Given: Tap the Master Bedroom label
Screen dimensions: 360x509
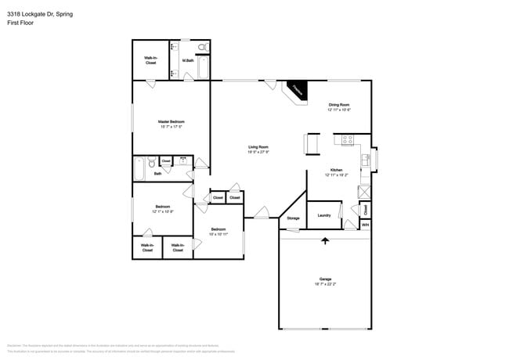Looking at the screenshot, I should (171, 121).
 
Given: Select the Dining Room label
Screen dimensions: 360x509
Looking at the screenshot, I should (338, 105).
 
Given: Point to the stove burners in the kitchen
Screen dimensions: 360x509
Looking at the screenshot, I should (345, 140).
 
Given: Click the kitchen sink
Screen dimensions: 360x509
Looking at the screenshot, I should (365, 160).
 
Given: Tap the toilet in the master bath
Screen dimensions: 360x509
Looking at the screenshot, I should (202, 49).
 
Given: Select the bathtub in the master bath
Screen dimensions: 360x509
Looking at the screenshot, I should (204, 69).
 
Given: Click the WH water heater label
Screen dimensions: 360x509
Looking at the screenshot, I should (365, 225).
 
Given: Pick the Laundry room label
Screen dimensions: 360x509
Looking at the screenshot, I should (324, 215).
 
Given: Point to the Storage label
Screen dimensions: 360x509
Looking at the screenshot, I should (293, 218).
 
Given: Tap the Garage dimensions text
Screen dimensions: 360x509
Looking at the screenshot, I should (325, 284).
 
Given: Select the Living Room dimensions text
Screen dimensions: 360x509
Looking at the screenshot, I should (258, 152).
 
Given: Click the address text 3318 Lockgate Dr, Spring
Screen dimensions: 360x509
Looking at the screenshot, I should (40, 14).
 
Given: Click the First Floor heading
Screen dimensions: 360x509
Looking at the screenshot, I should (20, 23).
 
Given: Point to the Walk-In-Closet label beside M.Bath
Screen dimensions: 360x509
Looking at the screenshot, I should (150, 60).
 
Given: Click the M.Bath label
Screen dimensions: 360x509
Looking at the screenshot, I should (188, 60).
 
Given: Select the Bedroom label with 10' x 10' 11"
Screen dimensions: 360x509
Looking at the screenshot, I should (219, 229).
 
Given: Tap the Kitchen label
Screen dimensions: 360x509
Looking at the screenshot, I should (335, 170).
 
